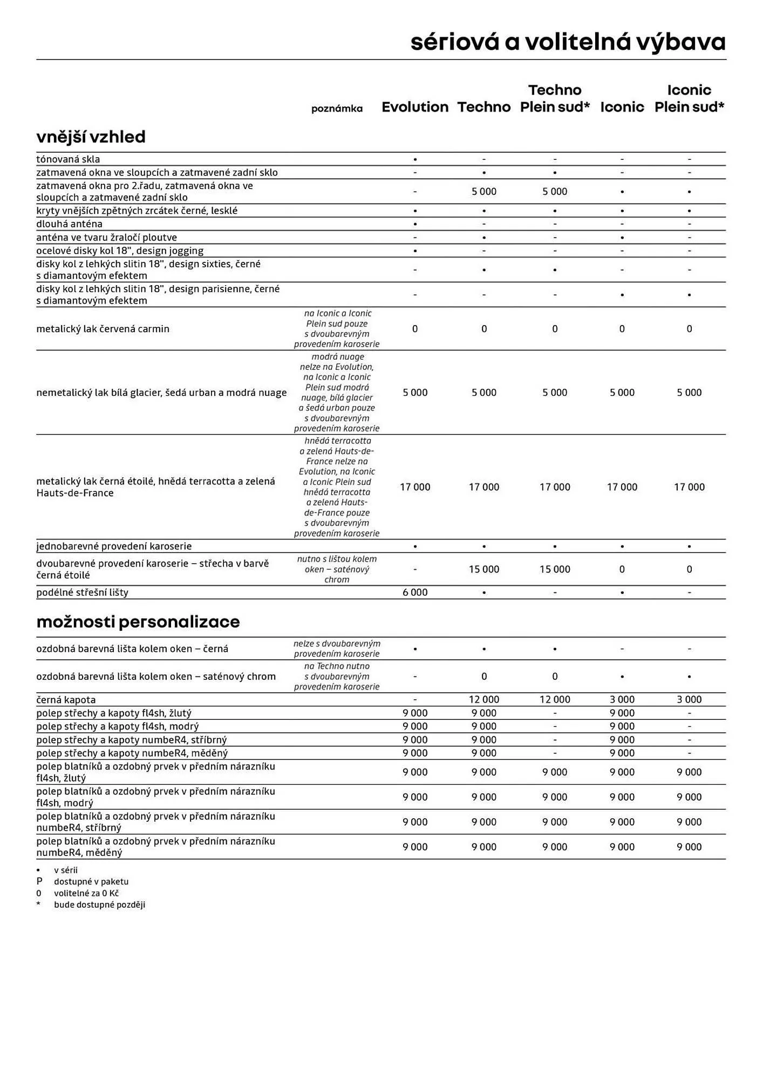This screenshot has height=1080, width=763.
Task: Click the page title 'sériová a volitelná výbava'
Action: coord(568,42)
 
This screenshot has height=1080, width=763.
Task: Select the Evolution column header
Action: coord(415,107)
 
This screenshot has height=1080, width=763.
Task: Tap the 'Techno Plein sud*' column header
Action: coord(555,98)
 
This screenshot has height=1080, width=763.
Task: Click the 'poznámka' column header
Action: coord(337,109)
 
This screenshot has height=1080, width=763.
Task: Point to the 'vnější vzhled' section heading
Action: coord(91,137)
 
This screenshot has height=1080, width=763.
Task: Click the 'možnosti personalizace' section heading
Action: coord(138,622)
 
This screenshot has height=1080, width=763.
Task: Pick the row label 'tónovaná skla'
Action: coord(68,159)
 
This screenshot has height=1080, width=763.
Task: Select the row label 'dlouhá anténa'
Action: coord(69,224)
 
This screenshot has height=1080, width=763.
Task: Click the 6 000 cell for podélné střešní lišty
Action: coord(415,592)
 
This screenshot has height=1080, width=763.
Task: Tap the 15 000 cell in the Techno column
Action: coord(484,569)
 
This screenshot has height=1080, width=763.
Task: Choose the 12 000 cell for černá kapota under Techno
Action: coord(484,699)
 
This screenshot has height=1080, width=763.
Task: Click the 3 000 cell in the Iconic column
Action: coord(622,699)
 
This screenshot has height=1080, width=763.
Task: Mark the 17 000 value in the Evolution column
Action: coord(415,487)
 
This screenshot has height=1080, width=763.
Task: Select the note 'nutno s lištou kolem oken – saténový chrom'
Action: coord(337,569)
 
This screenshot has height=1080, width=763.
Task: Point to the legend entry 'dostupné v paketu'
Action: coord(91,881)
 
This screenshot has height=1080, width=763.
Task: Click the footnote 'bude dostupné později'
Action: coord(99,905)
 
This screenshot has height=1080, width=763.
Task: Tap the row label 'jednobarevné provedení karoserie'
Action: coord(114,546)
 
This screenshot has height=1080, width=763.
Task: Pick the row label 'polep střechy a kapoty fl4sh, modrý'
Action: coord(117,726)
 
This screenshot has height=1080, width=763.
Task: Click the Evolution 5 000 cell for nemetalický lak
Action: coord(415,393)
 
